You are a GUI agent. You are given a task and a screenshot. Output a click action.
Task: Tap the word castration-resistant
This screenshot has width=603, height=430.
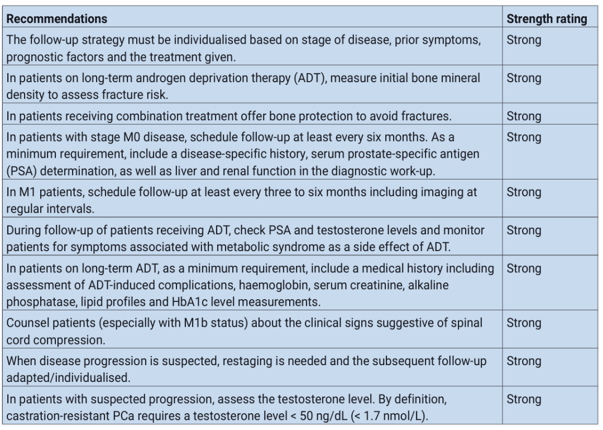58,414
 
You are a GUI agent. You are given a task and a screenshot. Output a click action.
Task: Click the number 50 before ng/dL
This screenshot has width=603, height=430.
242,414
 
